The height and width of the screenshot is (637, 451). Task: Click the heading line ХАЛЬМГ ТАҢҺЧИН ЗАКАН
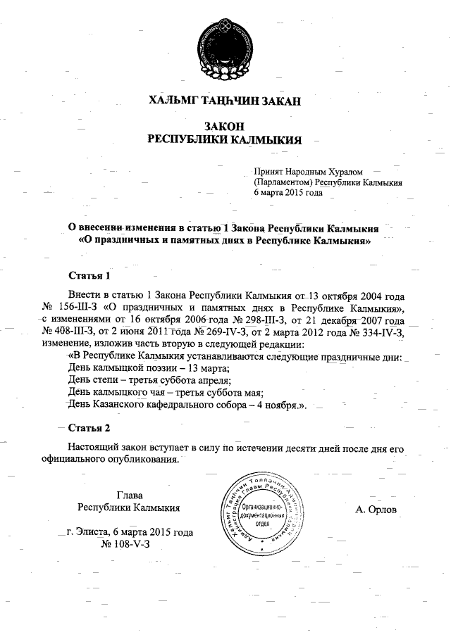(225, 101)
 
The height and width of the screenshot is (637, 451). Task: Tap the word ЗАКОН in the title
(224, 126)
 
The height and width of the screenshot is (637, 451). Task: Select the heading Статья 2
(89, 428)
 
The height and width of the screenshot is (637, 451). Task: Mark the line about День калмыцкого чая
(161, 393)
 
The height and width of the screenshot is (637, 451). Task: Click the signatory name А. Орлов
(377, 509)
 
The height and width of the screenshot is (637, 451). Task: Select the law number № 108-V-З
(126, 545)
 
